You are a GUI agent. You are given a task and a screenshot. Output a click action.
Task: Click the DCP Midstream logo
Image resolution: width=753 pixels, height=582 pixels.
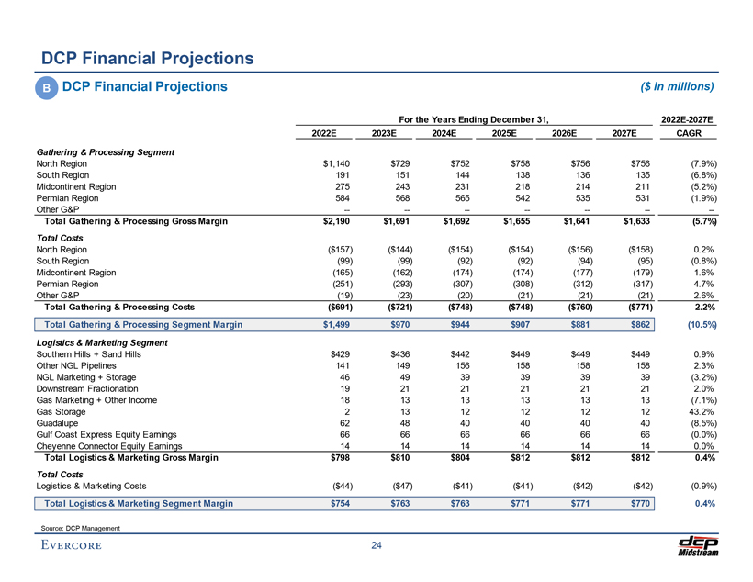click(696, 545)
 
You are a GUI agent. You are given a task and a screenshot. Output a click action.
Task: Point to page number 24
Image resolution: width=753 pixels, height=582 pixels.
click(376, 547)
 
